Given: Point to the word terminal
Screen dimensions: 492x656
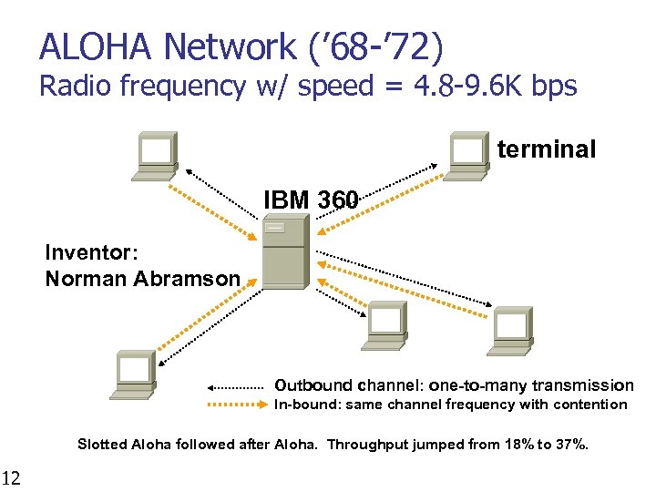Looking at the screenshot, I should pyautogui.click(x=547, y=149).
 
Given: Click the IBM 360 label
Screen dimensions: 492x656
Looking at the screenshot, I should pyautogui.click(x=311, y=199).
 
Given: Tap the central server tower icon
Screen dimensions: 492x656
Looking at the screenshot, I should pyautogui.click(x=282, y=252).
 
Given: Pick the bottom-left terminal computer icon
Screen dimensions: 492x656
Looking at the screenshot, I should pyautogui.click(x=133, y=374).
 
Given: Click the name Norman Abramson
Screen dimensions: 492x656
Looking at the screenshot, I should pyautogui.click(x=143, y=279).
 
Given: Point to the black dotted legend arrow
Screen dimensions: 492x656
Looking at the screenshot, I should pyautogui.click(x=240, y=386).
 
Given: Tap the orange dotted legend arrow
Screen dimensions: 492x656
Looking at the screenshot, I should pyautogui.click(x=240, y=405).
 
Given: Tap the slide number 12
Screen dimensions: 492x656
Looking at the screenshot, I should pyautogui.click(x=12, y=477).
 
